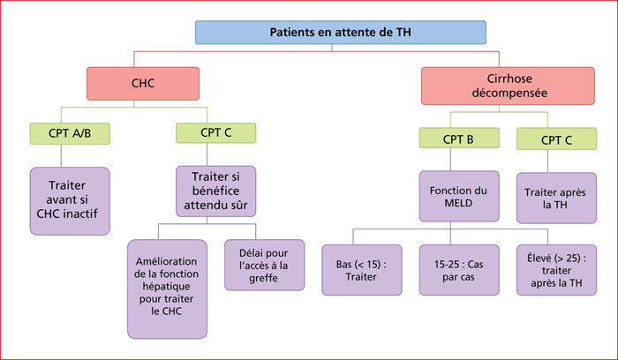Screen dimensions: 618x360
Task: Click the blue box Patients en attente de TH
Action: pos(341,33)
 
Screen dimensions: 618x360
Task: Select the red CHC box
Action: pos(143,84)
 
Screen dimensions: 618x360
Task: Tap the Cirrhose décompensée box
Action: pos(508,86)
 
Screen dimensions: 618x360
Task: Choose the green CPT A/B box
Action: pos(70,133)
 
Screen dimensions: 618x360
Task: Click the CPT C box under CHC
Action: pos(215,132)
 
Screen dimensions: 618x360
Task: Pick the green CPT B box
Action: pos(459,138)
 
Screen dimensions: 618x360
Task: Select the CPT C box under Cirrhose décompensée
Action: pos(556,139)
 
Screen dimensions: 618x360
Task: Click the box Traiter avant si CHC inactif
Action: pos(70,201)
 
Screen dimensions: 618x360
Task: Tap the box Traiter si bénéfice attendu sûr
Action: pos(215,191)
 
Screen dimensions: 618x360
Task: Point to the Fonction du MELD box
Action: pos(459,196)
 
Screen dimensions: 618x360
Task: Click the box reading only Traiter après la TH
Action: pos(556,199)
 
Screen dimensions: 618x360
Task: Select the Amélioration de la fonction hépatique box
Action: pos(167,289)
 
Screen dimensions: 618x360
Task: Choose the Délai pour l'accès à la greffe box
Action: pos(265,265)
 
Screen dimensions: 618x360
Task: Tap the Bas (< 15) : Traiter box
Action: pos(362,270)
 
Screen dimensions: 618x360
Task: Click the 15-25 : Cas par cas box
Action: pos(459,270)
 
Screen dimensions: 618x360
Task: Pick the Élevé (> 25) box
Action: pos(556,270)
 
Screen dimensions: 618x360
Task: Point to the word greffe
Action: pos(263,278)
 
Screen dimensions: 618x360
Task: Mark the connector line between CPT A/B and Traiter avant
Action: pos(61,155)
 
